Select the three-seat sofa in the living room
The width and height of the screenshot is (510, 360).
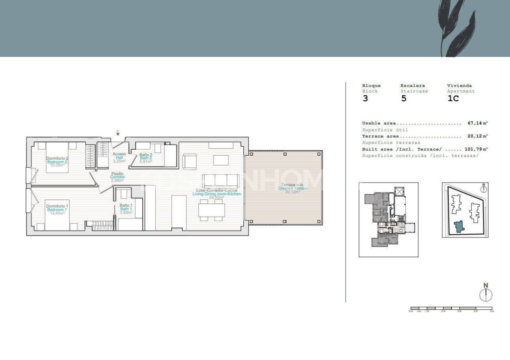point(221,181)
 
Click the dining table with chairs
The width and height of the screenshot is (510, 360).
point(212,210)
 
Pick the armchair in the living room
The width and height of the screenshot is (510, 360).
point(189,162)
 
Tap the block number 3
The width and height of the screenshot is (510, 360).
point(365,98)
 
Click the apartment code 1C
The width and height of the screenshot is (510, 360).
point(453,98)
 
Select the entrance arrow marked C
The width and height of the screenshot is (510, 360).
point(118,133)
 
